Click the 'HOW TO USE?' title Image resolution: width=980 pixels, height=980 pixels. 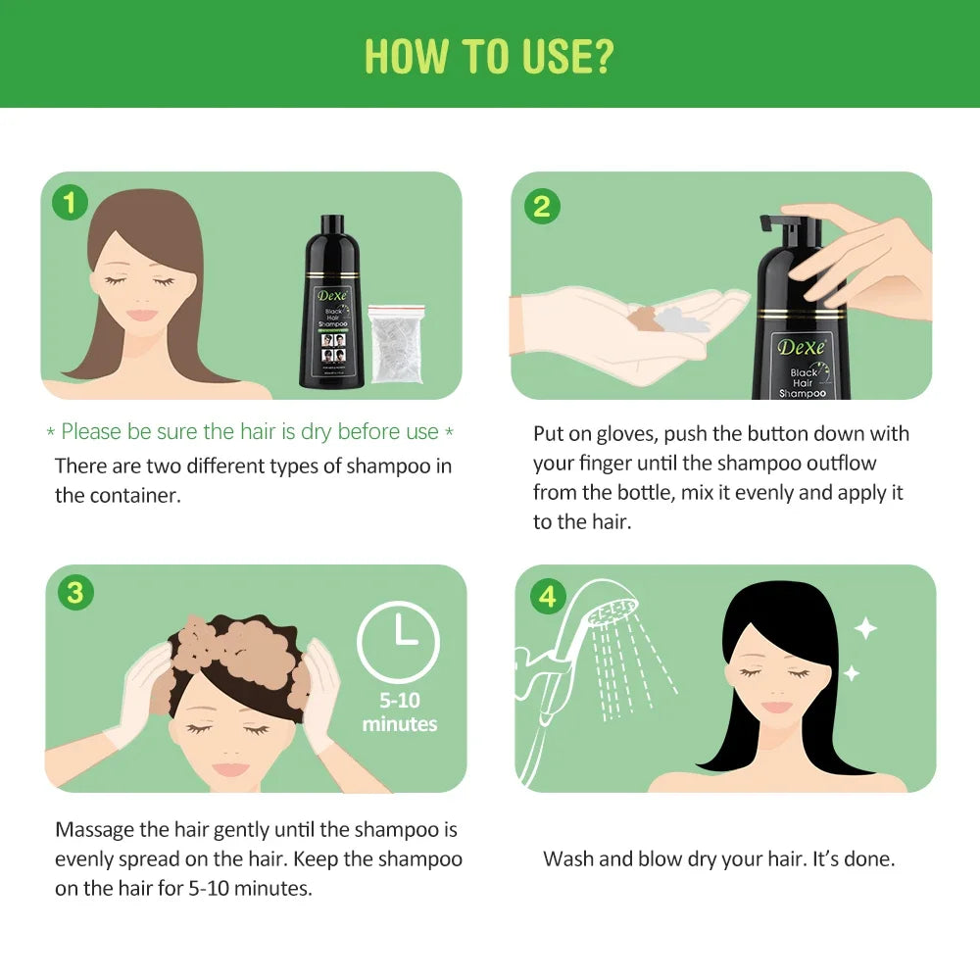coord(489,57)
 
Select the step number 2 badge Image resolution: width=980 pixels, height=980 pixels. coord(541,206)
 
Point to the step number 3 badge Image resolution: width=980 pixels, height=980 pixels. coord(74,594)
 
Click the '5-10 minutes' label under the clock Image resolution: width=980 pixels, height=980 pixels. coord(399,712)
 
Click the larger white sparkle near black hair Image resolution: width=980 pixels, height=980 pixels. coord(865,628)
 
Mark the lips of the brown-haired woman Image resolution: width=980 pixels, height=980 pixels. coord(143,316)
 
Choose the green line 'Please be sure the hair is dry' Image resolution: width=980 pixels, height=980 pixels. coord(250,432)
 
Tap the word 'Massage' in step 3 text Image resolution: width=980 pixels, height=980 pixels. coord(95,830)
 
